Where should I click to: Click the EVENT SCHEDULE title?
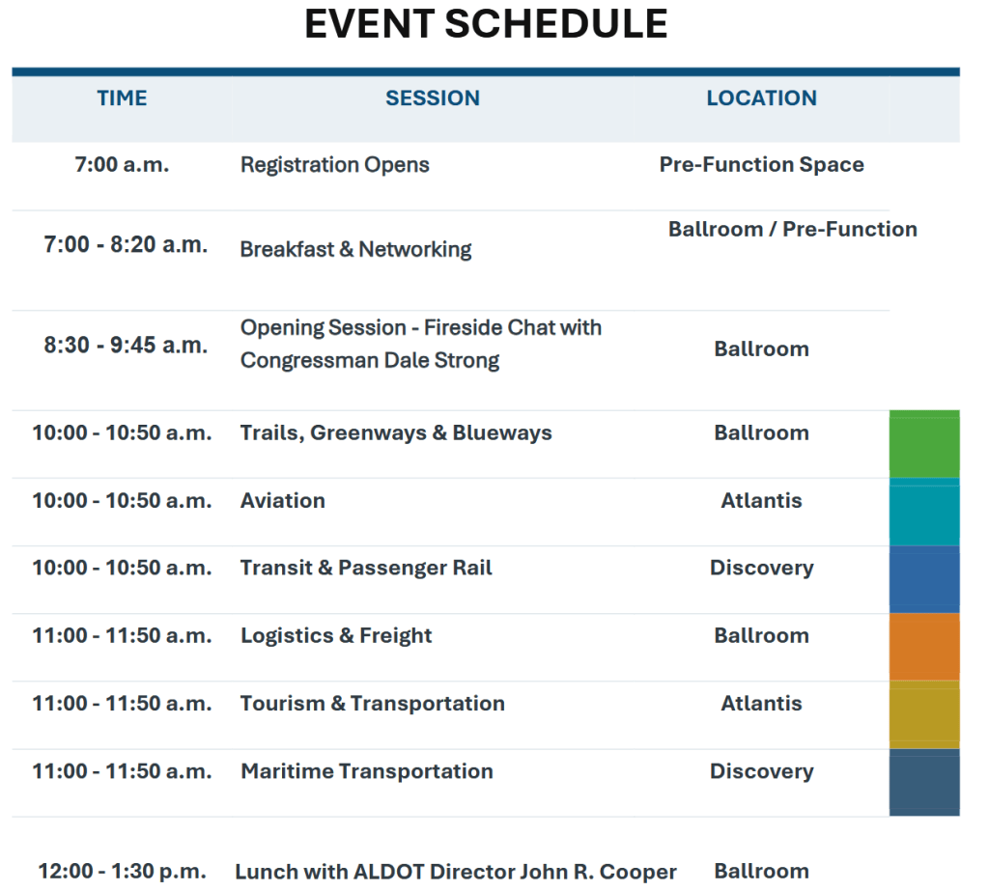486,24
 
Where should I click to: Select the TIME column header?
122,98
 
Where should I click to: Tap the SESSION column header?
433,98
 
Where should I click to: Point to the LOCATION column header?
761,98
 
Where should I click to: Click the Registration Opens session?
335,165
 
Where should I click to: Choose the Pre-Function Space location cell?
761,164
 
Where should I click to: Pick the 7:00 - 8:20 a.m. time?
126,244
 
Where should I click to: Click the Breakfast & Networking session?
355,250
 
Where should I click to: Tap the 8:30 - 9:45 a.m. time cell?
126,346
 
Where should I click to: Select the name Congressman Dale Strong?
370,361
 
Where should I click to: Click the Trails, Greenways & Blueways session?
396,433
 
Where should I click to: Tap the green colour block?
924,444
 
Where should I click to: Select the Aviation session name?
283,501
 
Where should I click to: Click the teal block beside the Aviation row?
924,512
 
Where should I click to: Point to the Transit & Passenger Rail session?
366,569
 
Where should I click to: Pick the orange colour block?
924,647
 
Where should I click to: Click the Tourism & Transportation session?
373,704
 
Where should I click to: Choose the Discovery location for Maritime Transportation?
761,772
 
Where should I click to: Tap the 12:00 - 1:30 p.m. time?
123,872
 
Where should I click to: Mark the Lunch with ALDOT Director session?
456,872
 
